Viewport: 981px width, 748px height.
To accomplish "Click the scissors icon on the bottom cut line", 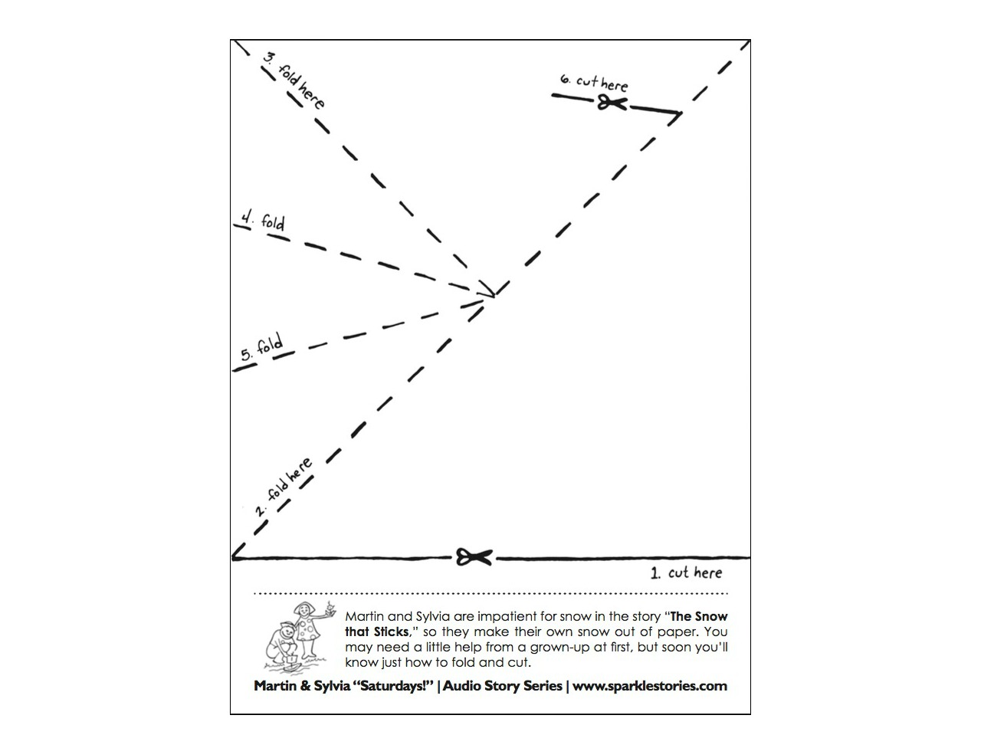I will (474, 557).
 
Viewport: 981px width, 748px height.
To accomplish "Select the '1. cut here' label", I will (686, 572).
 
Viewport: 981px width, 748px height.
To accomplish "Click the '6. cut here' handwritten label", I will (594, 82).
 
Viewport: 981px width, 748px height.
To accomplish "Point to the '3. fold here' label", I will (294, 80).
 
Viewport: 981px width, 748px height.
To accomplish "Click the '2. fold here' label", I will (284, 487).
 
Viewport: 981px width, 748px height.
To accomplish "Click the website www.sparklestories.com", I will (650, 686).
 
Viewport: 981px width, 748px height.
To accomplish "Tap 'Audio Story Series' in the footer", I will (503, 686).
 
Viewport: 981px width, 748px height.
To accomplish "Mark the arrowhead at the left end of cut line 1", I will (235, 556).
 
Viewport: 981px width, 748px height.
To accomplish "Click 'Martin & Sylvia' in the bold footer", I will (296, 686).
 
